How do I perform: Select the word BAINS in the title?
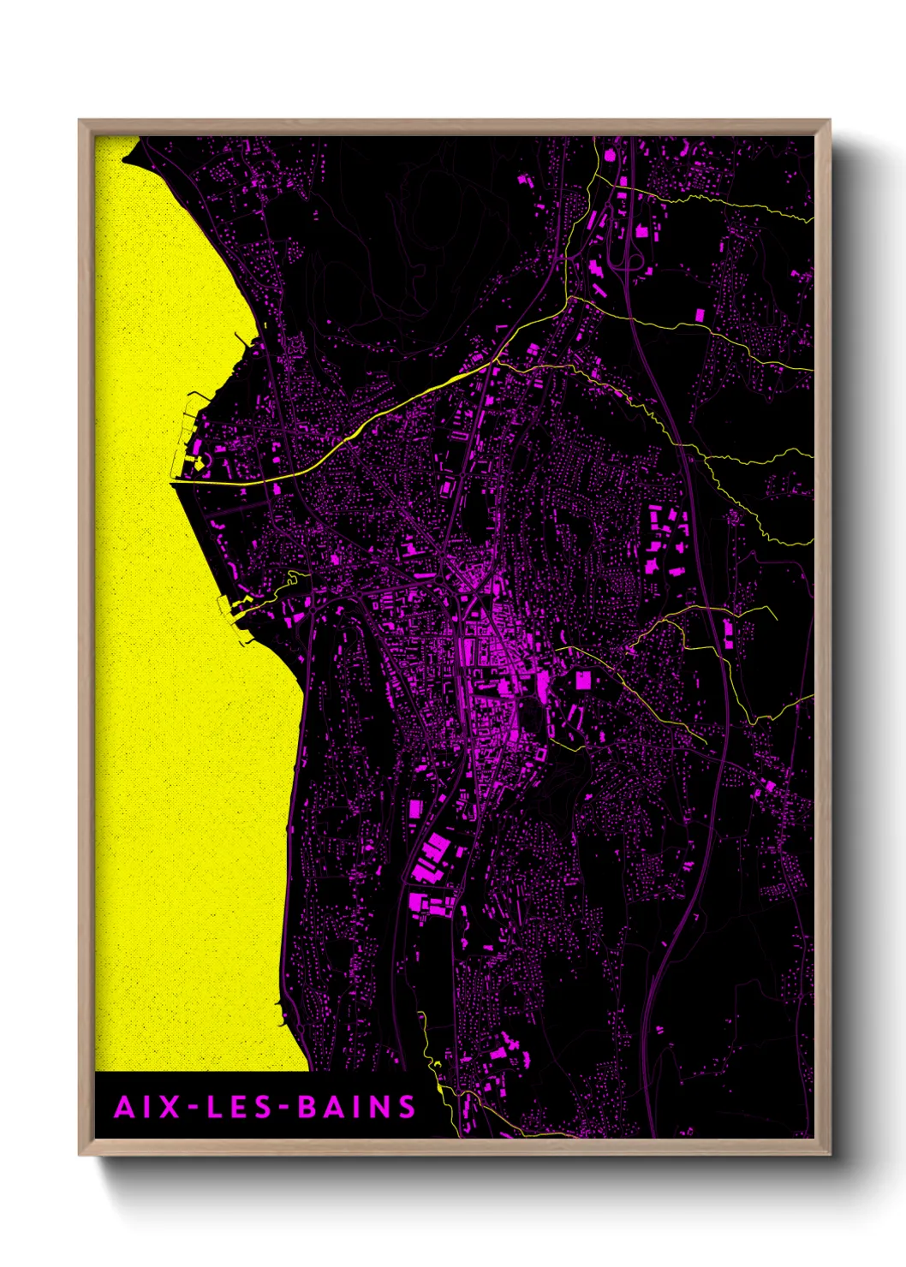356,1107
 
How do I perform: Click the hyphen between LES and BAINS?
285,1108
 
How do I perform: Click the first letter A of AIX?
125,1107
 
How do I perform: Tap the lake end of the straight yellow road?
174,483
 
